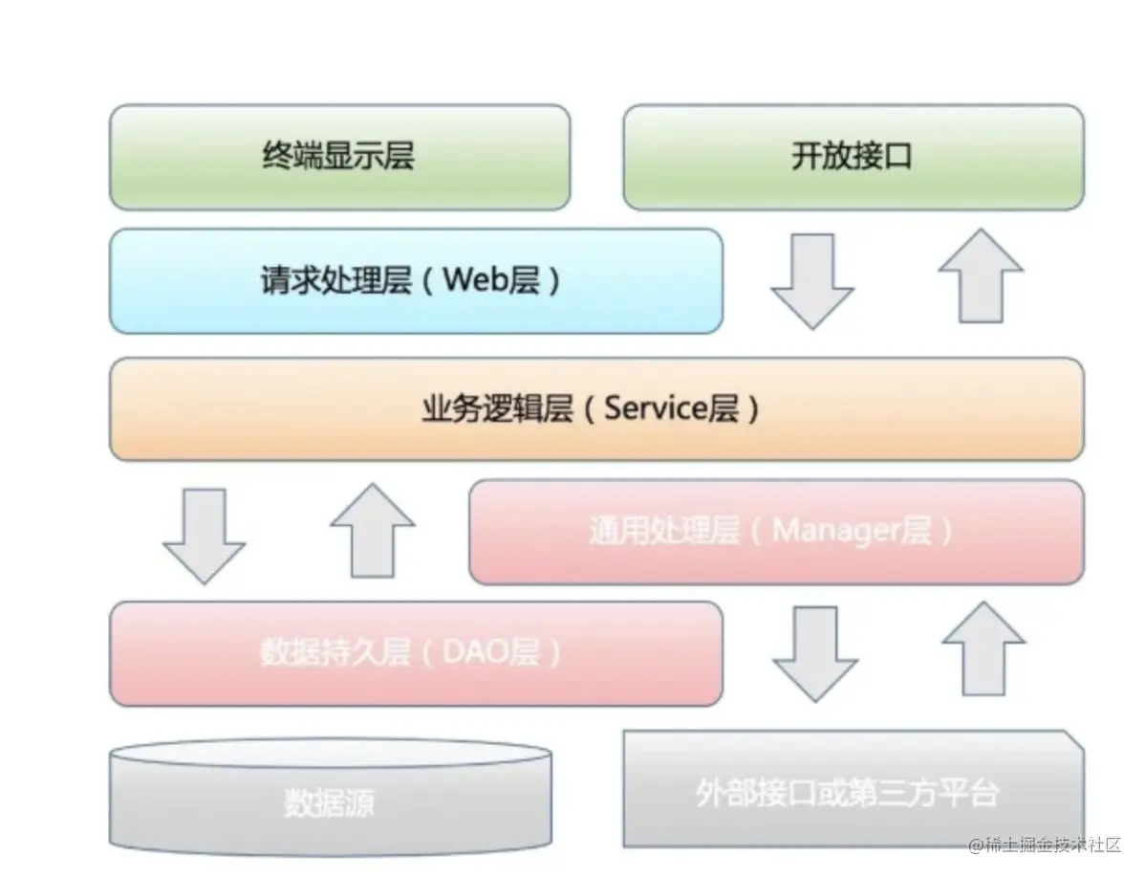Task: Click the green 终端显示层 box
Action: (x=339, y=157)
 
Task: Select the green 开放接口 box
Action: (x=853, y=157)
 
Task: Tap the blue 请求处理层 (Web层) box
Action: (x=416, y=281)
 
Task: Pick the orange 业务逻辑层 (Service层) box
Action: (x=596, y=409)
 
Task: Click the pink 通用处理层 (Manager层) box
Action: (x=776, y=532)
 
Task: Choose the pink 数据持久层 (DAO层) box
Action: (x=416, y=653)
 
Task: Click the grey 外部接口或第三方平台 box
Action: (x=853, y=793)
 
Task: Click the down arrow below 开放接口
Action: (x=812, y=279)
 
